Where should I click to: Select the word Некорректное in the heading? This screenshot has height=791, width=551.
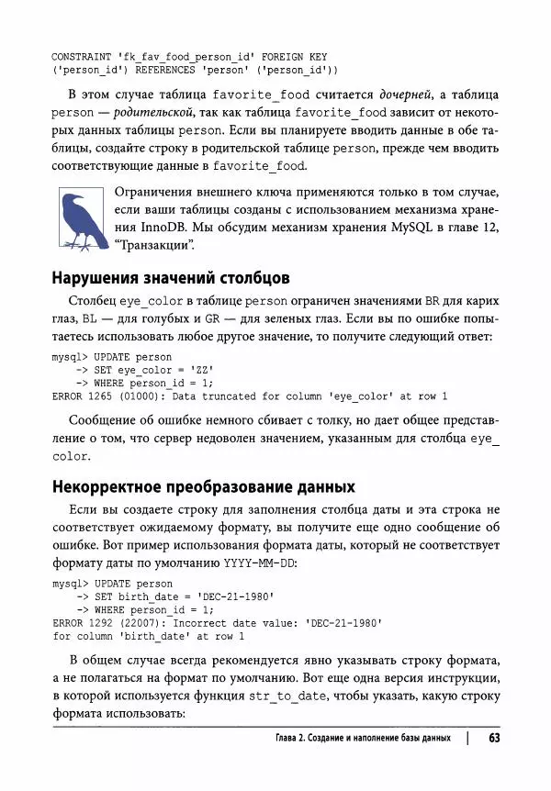pyautogui.click(x=112, y=485)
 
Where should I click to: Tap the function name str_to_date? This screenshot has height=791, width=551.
pyautogui.click(x=291, y=696)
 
